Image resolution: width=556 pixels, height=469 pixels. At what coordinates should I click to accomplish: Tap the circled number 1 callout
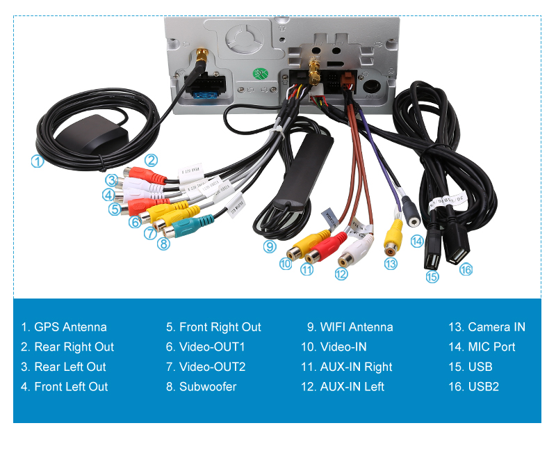pyautogui.click(x=38, y=161)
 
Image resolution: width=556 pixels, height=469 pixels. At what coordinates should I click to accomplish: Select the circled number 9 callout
pyautogui.click(x=270, y=246)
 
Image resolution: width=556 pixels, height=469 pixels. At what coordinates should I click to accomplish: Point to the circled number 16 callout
pyautogui.click(x=466, y=269)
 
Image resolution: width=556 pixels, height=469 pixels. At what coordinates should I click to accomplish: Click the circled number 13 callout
pyautogui.click(x=391, y=264)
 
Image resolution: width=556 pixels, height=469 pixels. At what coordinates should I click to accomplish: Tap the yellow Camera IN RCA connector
pyautogui.click(x=394, y=235)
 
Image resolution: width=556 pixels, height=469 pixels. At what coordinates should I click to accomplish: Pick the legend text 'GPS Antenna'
pyautogui.click(x=70, y=327)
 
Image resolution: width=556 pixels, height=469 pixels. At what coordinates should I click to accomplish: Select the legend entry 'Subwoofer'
pyautogui.click(x=208, y=387)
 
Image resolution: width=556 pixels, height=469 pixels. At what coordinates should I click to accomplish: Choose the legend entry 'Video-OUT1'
pyautogui.click(x=212, y=347)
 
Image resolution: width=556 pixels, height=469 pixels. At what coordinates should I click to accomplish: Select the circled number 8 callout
pyautogui.click(x=163, y=244)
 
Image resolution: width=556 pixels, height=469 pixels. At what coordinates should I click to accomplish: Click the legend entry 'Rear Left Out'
pyautogui.click(x=70, y=367)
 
